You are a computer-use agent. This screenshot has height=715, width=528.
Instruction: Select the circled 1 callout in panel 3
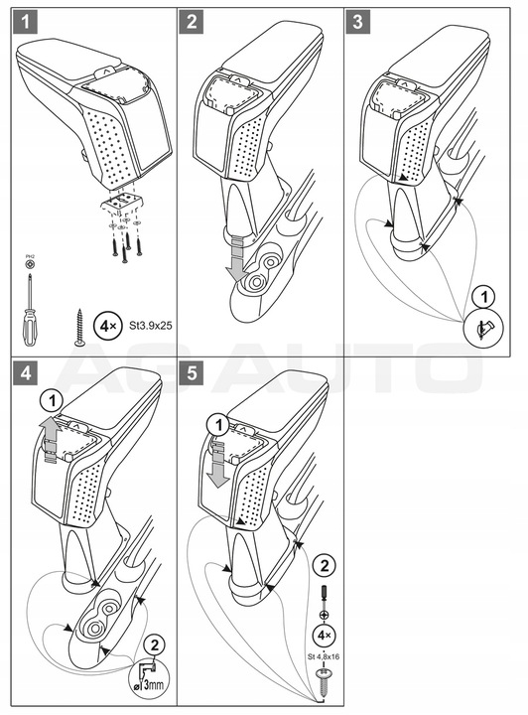coord(481,296)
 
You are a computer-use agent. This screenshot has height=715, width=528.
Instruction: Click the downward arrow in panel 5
coord(216,464)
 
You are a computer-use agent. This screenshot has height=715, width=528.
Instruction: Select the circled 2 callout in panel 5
coord(324,566)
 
